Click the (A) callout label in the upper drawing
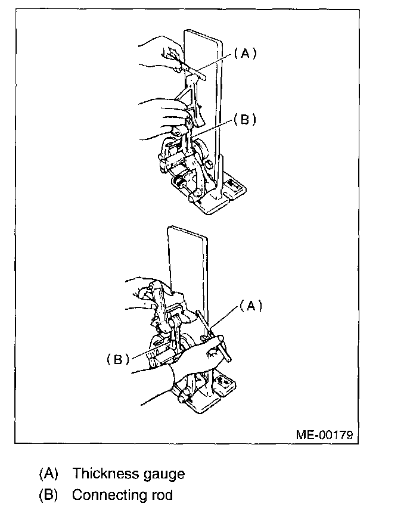244,54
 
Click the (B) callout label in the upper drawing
244,119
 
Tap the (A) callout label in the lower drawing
250,306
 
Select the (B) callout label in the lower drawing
118,359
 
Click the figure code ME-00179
324,434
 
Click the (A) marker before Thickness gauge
48,474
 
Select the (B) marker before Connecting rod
48,495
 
